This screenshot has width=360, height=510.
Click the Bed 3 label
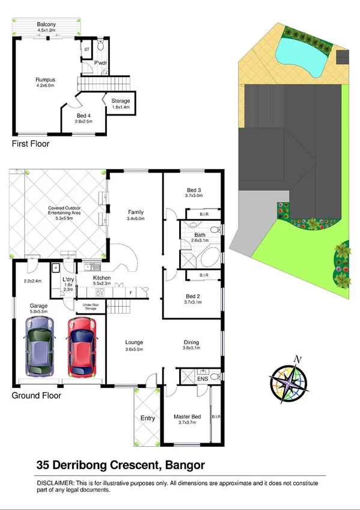pyautogui.click(x=194, y=192)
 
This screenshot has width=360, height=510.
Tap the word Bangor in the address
pyautogui.click(x=183, y=465)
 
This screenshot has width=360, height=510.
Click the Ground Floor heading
pyautogui.click(x=36, y=396)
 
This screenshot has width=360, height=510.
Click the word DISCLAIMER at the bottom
pyautogui.click(x=55, y=484)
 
